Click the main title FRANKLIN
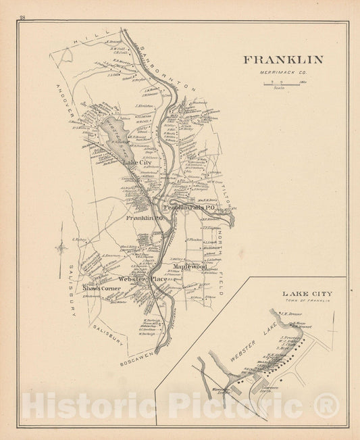(x=283, y=59)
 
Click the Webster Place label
(x=142, y=278)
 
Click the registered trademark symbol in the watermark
(x=327, y=406)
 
